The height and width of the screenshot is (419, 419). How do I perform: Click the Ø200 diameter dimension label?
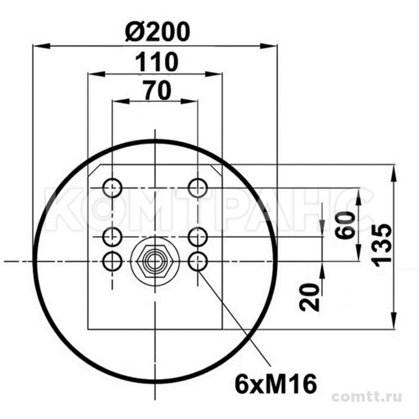(x=158, y=31)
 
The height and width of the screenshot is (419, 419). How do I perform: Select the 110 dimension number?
(x=156, y=62)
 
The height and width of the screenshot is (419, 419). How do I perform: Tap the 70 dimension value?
(x=157, y=90)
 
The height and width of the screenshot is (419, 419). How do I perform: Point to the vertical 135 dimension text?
(x=382, y=245)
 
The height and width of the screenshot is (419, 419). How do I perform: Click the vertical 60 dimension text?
(x=345, y=225)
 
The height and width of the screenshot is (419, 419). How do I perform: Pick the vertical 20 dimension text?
(x=310, y=297)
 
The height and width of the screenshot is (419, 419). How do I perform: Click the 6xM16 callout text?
(x=276, y=384)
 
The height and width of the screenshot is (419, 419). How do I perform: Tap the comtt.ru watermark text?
(x=366, y=397)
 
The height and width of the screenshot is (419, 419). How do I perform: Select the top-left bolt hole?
(x=112, y=188)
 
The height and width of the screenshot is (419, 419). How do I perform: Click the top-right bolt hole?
(x=198, y=188)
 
